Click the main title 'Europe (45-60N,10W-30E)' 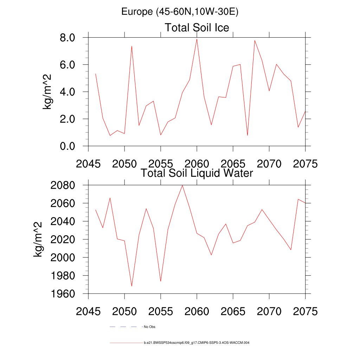(x=180, y=12)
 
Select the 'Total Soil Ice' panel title (x=197, y=27)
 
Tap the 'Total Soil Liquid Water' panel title (x=197, y=173)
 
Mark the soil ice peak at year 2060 (x=197, y=39)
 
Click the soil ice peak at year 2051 (x=131, y=46)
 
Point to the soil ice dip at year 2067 (x=247, y=135)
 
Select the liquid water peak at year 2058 (x=182, y=185)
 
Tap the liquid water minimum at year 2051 (x=131, y=286)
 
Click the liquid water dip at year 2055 (x=161, y=281)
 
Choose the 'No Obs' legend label (x=149, y=327)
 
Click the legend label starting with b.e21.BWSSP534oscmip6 (x=197, y=342)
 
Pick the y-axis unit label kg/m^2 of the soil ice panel (x=47, y=92)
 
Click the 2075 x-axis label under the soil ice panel (x=305, y=164)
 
